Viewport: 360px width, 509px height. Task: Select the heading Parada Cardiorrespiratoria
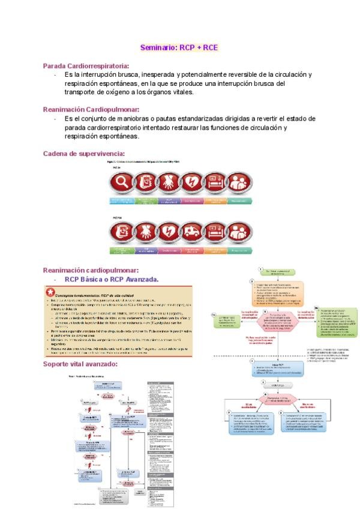(86, 66)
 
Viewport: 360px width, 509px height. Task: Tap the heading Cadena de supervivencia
(84, 154)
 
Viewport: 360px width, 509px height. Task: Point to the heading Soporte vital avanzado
(80, 364)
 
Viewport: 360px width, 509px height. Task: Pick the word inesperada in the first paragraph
(166, 74)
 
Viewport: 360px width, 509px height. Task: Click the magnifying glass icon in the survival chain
(121, 181)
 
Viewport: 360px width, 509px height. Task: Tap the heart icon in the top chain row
(192, 181)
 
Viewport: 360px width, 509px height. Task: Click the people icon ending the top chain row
(239, 181)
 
